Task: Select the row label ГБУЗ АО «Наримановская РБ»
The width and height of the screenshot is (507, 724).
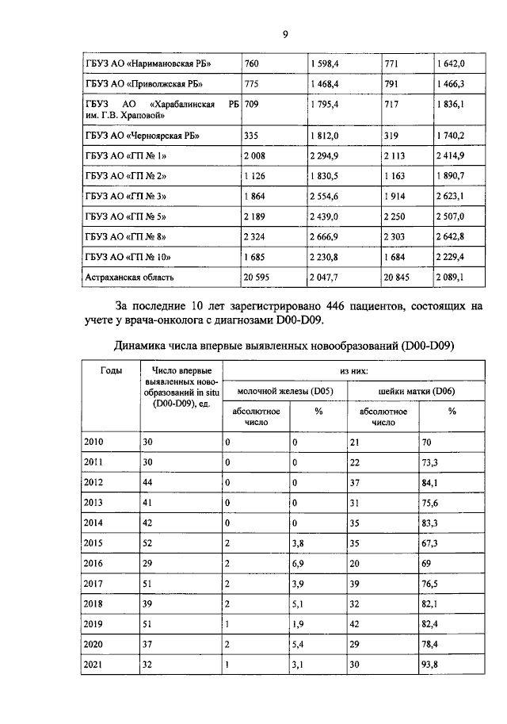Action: click(151, 63)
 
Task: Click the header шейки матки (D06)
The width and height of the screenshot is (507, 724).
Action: click(417, 391)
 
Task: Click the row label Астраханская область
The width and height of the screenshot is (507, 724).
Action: click(129, 278)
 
